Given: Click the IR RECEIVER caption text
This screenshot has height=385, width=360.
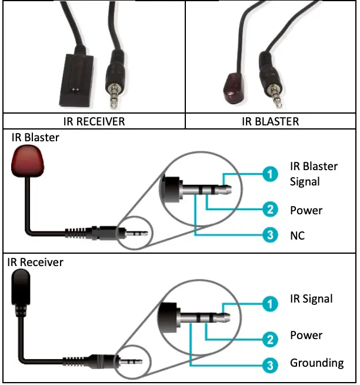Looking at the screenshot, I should point(94,122).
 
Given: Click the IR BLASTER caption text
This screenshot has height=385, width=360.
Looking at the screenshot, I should point(271,122).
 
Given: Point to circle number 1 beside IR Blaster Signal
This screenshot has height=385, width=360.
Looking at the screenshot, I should point(269,174).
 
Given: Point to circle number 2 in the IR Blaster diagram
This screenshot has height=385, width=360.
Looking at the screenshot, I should point(269,210).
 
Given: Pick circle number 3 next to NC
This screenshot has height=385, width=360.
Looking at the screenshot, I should point(269,237).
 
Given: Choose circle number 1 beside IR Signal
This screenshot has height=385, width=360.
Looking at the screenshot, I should point(269,304).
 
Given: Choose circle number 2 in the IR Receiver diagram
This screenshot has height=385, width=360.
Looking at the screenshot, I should point(269,340).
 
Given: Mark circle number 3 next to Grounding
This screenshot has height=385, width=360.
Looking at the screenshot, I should point(269,366).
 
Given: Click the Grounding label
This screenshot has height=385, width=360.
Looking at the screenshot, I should point(316,363).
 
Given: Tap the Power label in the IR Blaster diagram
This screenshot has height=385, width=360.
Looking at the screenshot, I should point(306,210).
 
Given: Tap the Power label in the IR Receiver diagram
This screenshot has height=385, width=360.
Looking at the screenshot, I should point(306,335).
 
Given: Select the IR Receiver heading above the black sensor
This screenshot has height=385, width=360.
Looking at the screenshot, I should point(35,261).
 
